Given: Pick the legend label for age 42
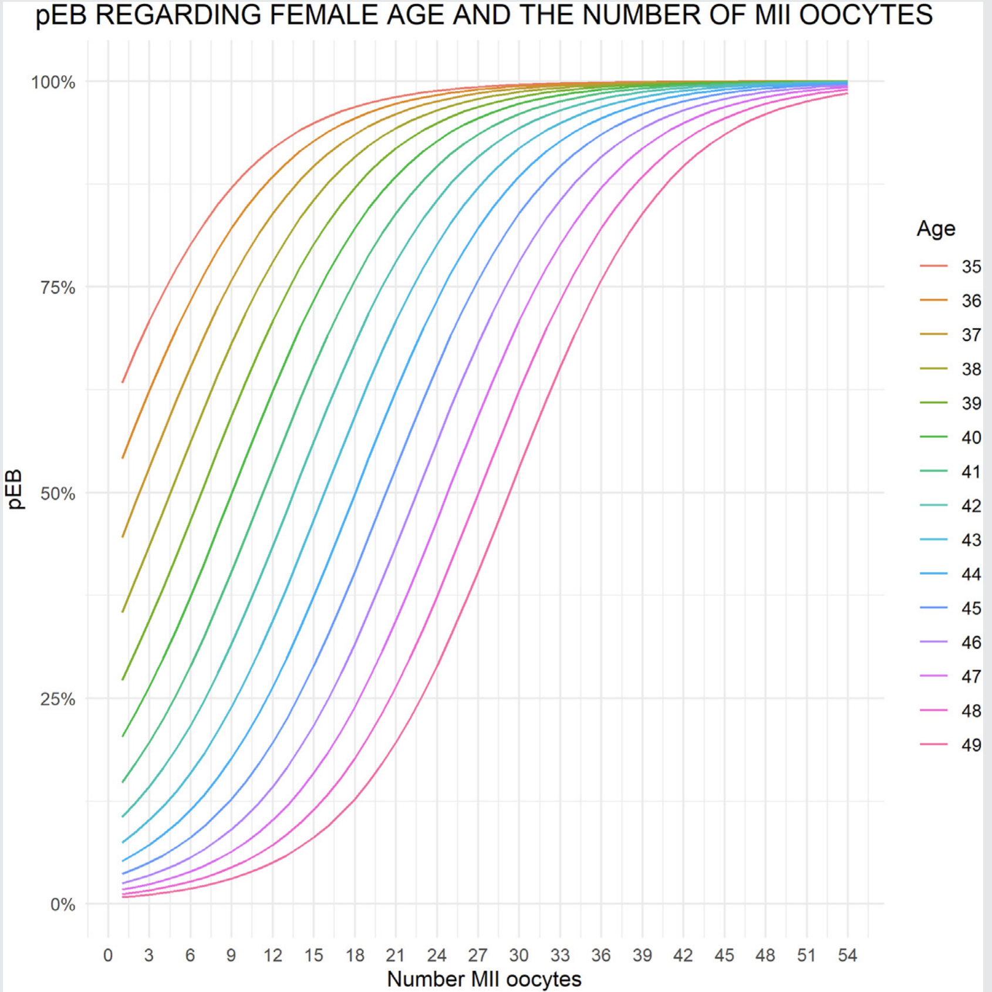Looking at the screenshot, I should [x=971, y=505].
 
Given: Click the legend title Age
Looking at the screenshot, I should [x=936, y=229].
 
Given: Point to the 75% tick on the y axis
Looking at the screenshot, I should [x=58, y=288].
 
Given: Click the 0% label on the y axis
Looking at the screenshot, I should [x=62, y=905].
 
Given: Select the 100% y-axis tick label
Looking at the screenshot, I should [x=53, y=82].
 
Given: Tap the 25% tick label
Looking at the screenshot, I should [x=58, y=699].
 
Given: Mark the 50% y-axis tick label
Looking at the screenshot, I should [x=58, y=494].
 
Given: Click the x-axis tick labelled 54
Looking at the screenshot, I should [x=847, y=956].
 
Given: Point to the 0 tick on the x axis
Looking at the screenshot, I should [x=108, y=956].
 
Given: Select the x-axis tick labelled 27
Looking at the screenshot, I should [x=477, y=956].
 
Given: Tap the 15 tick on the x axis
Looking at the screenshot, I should [x=313, y=956].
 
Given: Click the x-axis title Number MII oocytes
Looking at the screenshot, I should [x=484, y=979].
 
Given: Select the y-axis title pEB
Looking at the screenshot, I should [x=14, y=489].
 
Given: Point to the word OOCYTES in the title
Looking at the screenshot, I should [x=866, y=15].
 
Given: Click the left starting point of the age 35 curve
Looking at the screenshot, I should [x=123, y=382].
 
